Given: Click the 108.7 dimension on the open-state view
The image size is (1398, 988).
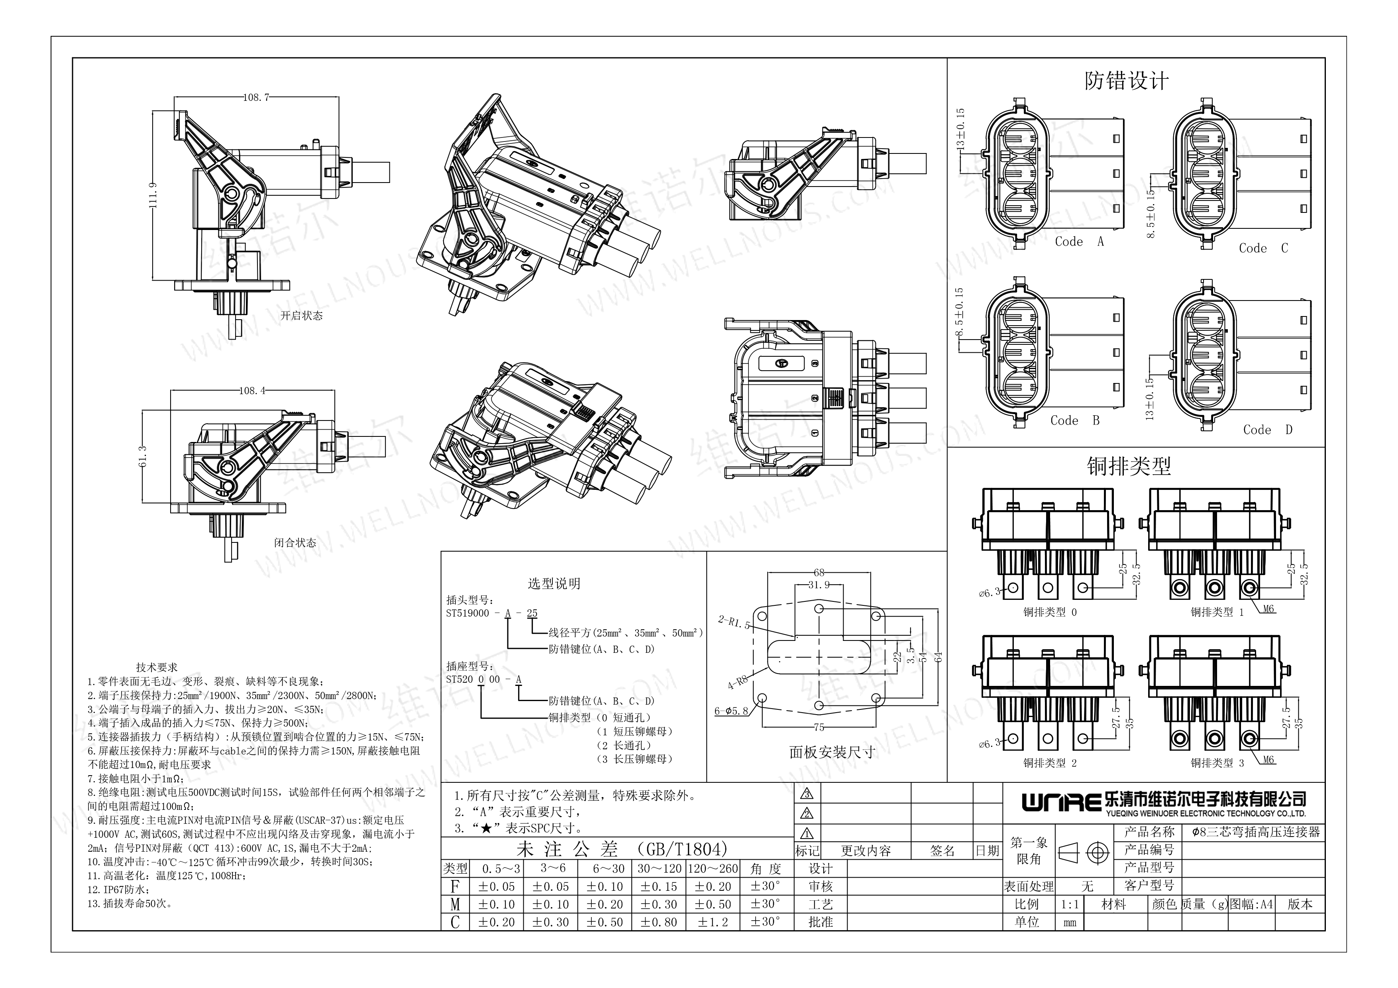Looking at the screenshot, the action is (256, 97).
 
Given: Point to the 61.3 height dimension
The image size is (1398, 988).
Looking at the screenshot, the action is (143, 457).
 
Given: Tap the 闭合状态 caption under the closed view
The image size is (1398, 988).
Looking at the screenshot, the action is (295, 542).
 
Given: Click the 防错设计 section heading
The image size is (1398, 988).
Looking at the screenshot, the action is (1127, 81).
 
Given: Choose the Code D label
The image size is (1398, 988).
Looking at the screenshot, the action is (1268, 430).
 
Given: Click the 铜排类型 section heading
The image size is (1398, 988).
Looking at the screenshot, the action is (1129, 466).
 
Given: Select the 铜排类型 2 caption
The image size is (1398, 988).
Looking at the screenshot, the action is (1050, 763).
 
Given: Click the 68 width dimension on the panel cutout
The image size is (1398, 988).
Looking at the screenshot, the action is (819, 572).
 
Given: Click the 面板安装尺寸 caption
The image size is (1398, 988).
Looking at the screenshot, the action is (832, 752).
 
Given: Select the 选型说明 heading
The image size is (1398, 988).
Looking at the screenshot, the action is (554, 584).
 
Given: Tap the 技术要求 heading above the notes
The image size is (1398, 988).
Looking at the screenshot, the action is (157, 667).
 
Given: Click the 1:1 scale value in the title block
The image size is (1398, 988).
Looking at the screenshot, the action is (1070, 905).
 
